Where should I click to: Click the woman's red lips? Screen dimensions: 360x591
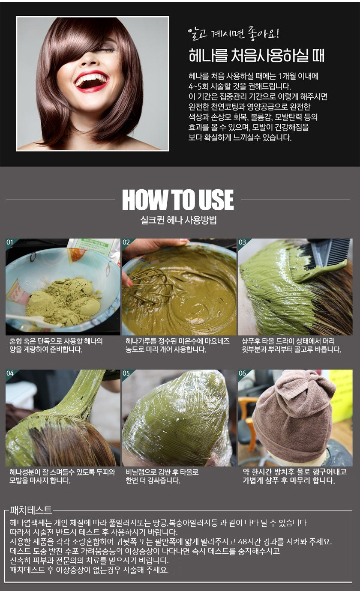click(x=92, y=81)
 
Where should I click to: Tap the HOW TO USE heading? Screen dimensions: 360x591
click(x=178, y=200)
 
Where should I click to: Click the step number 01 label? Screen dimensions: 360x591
click(x=10, y=242)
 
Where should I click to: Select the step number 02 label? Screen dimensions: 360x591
click(x=126, y=242)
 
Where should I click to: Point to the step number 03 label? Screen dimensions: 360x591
click(x=242, y=242)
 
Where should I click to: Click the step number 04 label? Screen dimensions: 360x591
click(x=10, y=373)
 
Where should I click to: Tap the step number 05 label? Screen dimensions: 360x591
click(x=126, y=373)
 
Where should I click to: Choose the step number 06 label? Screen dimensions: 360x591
click(x=242, y=373)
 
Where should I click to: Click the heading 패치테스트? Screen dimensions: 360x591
click(x=30, y=510)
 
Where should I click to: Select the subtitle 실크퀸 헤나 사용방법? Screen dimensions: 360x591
click(x=179, y=220)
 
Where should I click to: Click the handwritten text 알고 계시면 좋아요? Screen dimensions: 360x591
click(x=234, y=33)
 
